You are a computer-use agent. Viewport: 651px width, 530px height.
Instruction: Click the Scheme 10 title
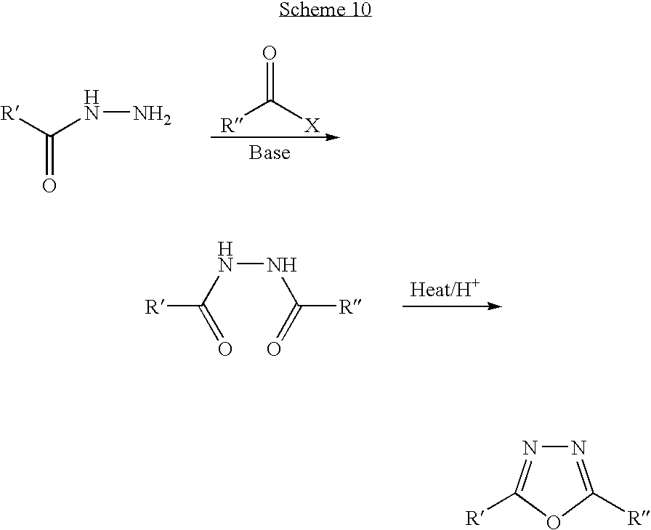pyautogui.click(x=325, y=10)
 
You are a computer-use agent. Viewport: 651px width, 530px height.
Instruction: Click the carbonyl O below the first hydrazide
pyautogui.click(x=49, y=186)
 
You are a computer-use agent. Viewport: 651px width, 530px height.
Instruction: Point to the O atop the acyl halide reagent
pyautogui.click(x=270, y=53)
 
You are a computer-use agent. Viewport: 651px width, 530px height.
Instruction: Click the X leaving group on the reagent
pyautogui.click(x=311, y=126)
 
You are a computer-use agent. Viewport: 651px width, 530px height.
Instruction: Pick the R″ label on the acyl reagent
pyautogui.click(x=234, y=126)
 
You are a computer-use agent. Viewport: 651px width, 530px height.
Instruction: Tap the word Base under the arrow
pyautogui.click(x=270, y=152)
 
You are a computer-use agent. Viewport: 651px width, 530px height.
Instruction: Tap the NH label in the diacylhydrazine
pyautogui.click(x=282, y=266)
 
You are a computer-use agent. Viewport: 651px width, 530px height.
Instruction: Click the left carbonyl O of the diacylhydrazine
pyautogui.click(x=225, y=350)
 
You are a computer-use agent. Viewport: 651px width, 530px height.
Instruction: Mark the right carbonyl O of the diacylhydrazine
pyautogui.click(x=274, y=350)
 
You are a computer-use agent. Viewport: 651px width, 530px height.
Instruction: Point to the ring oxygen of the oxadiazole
pyautogui.click(x=554, y=521)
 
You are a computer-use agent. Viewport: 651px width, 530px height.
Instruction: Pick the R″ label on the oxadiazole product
pyautogui.click(x=638, y=518)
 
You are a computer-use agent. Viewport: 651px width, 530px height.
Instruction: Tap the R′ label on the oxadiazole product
pyautogui.click(x=477, y=518)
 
